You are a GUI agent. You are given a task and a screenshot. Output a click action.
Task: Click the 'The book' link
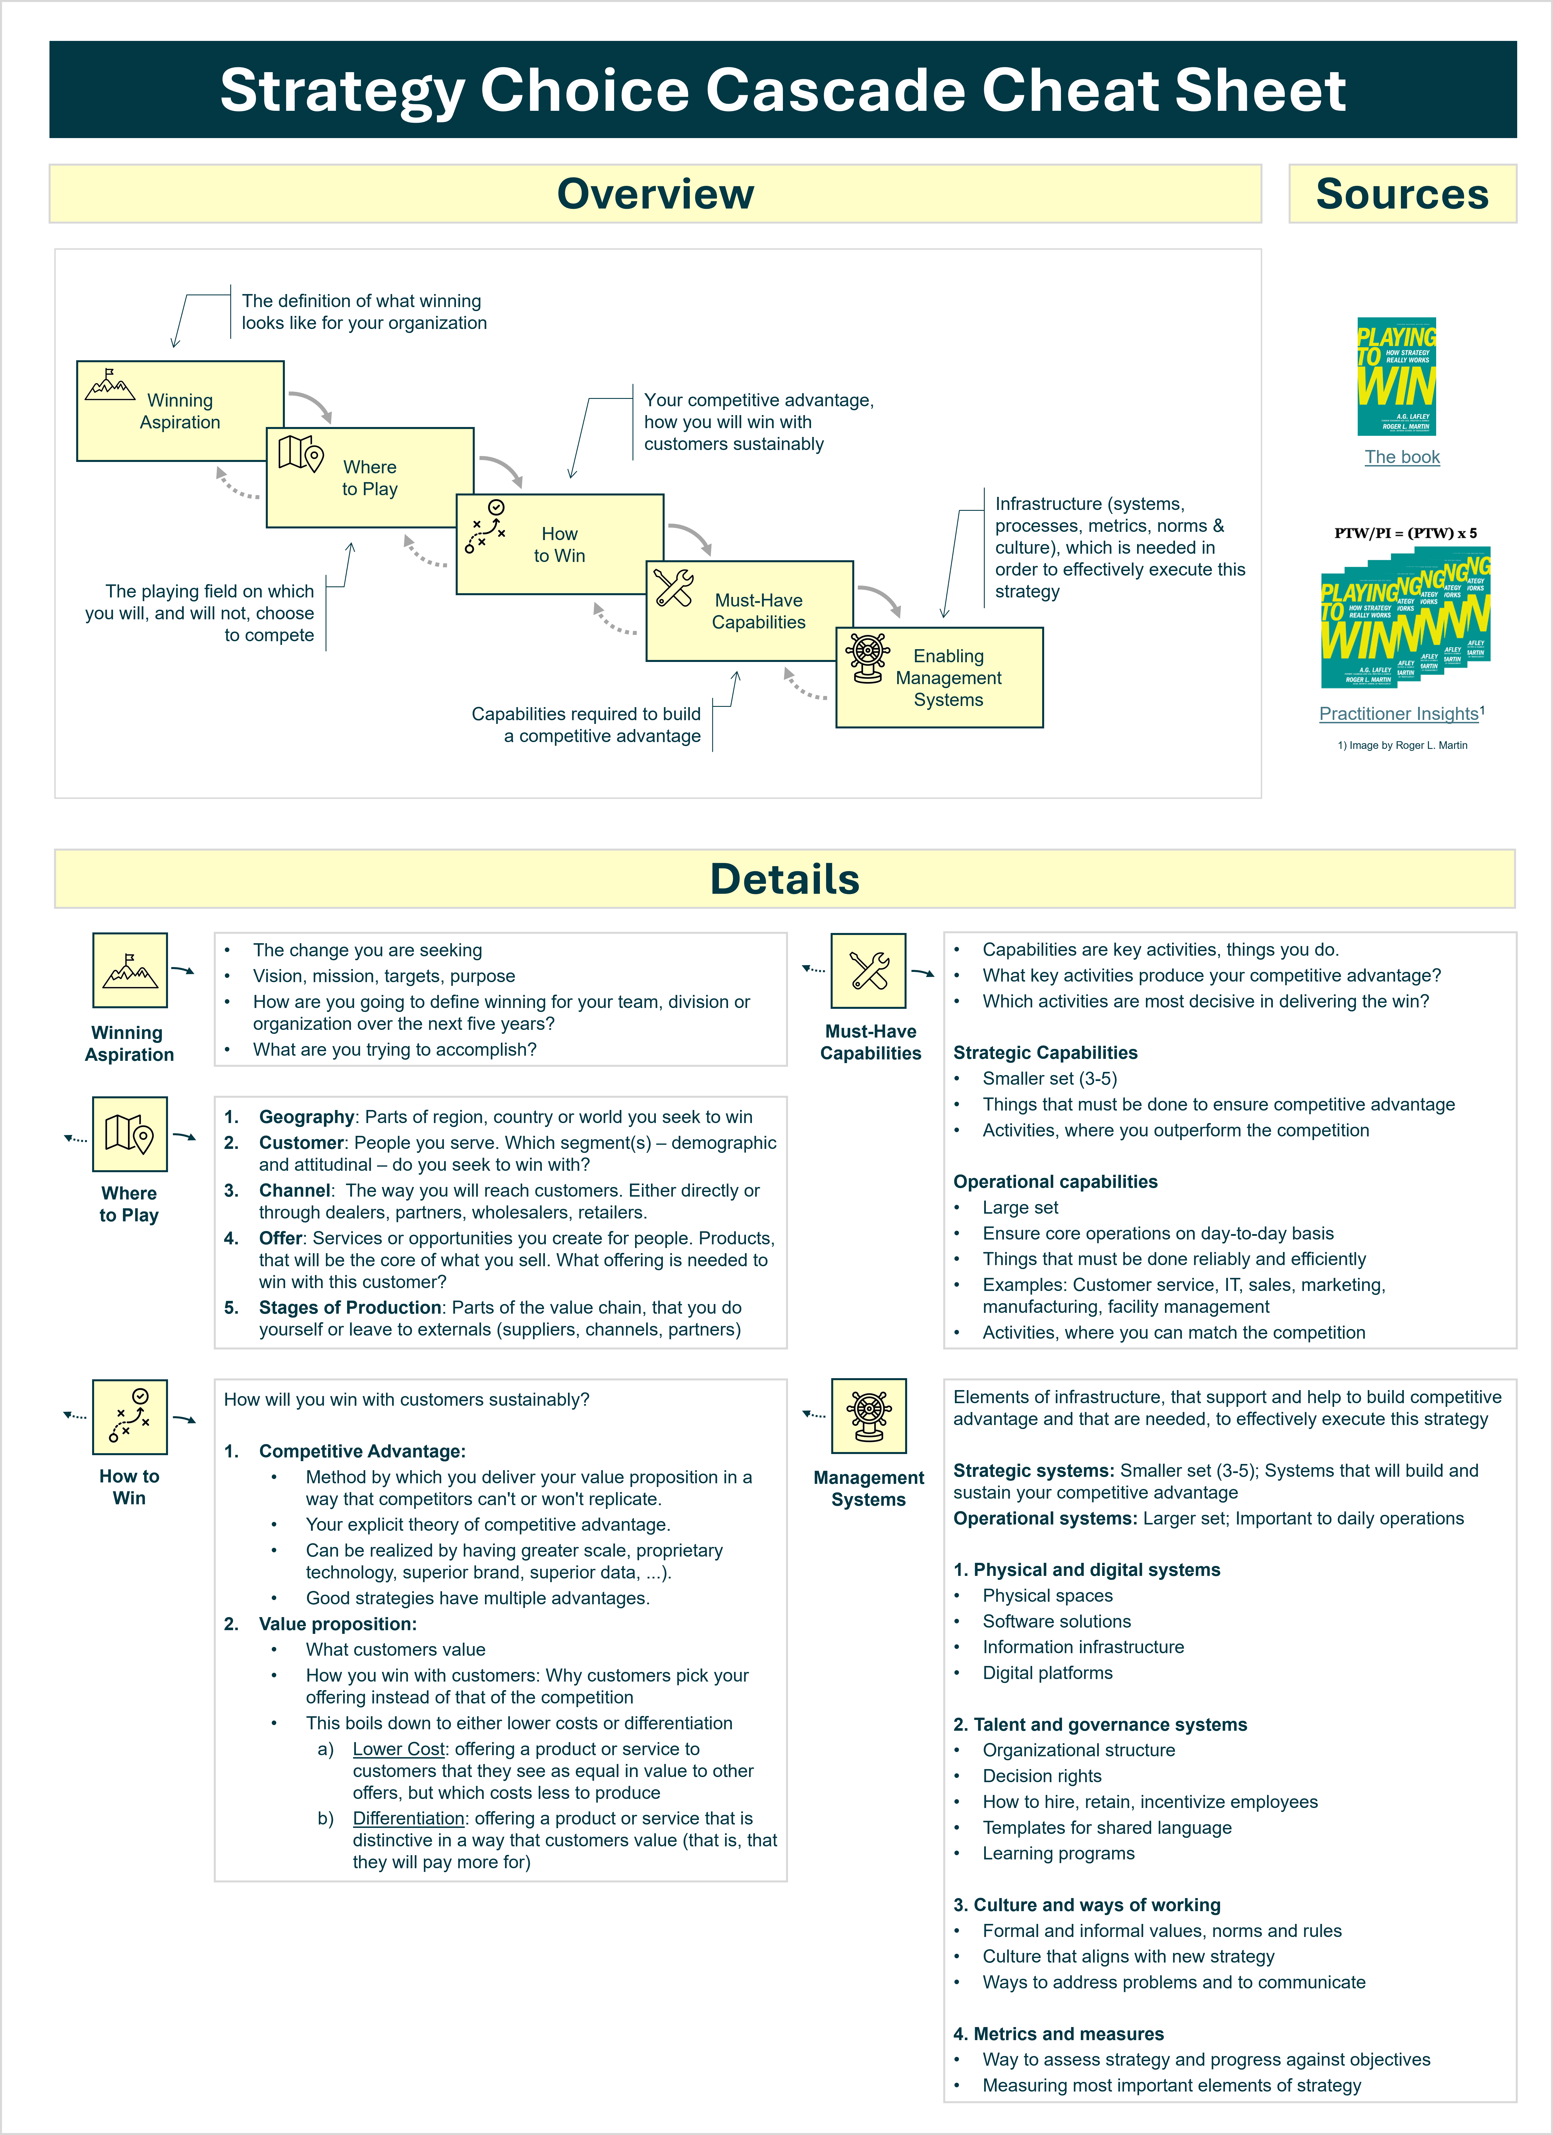(x=1401, y=457)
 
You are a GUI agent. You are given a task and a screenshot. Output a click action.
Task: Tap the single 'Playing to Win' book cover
(x=1397, y=376)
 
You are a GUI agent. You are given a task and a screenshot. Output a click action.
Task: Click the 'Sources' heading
(x=1401, y=194)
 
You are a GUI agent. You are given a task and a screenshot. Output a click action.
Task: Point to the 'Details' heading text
(x=785, y=879)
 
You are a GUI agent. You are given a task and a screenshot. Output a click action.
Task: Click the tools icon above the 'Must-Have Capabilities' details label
(x=868, y=970)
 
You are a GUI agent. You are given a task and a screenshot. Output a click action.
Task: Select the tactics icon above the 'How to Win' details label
(x=130, y=1417)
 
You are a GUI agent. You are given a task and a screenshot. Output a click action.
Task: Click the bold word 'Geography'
(x=306, y=1117)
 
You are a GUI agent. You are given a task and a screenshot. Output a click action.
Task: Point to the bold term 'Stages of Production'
(x=349, y=1307)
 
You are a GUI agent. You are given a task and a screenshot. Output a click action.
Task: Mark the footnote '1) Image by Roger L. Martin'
(x=1401, y=745)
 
